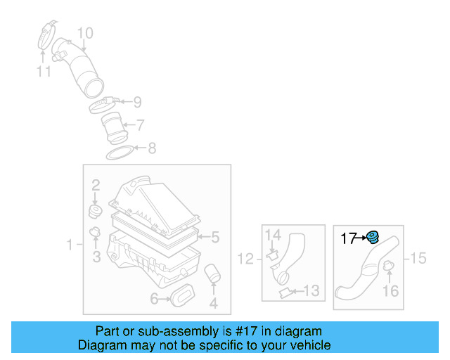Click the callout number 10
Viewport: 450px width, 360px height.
pos(84,33)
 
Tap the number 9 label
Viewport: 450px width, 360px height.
pos(137,101)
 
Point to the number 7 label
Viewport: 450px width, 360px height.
pos(141,125)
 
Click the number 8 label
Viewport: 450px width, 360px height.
pos(151,148)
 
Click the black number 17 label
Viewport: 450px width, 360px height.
pos(349,239)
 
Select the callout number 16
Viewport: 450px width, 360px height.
pos(390,290)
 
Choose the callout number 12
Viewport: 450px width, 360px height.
pos(245,259)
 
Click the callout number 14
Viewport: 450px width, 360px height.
pos(273,235)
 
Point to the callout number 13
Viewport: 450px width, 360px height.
pos(311,290)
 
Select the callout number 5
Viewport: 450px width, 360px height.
pos(216,237)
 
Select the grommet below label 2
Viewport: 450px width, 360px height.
pos(94,211)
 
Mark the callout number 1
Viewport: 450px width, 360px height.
pos(70,245)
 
